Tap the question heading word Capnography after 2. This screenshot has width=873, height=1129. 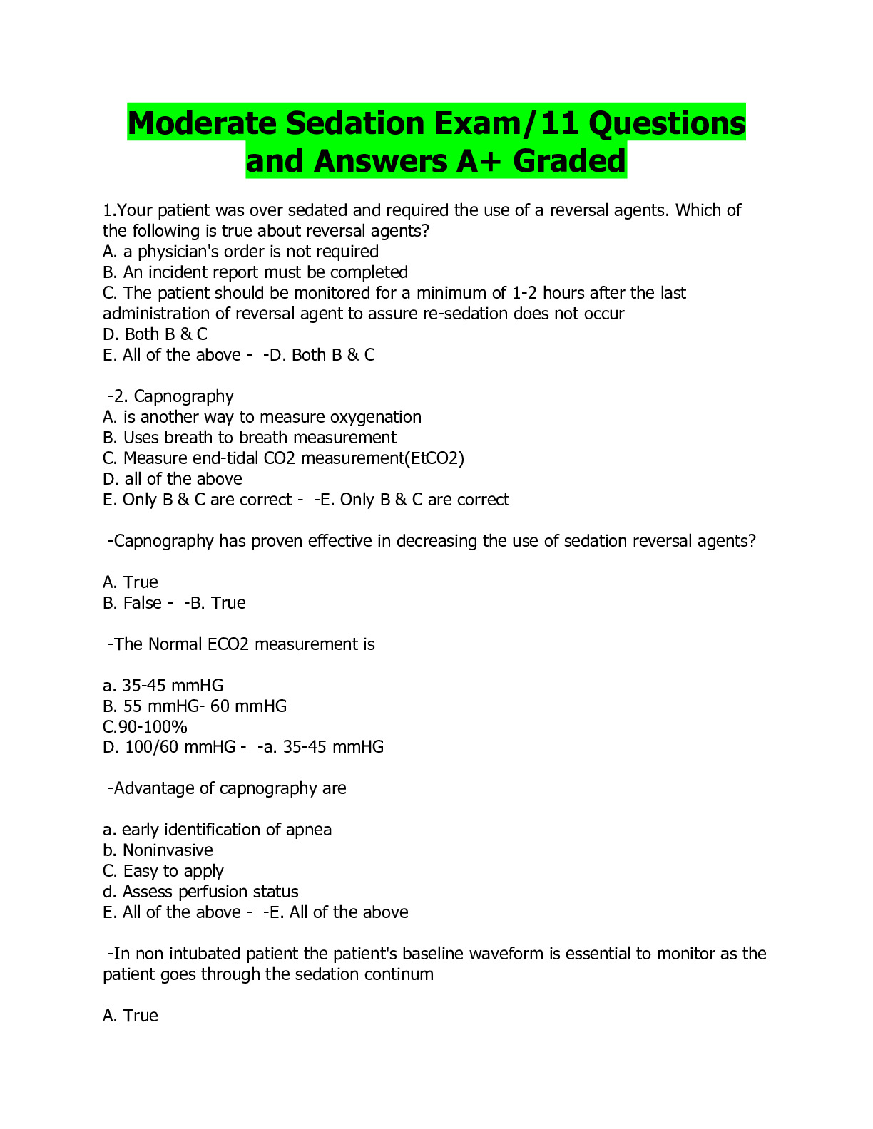pyautogui.click(x=184, y=396)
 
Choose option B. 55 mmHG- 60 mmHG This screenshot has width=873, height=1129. pyautogui.click(x=195, y=706)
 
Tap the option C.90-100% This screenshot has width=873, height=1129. pyautogui.click(x=145, y=727)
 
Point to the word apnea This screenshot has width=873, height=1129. pyautogui.click(x=309, y=830)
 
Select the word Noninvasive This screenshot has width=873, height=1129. pyautogui.click(x=168, y=850)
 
